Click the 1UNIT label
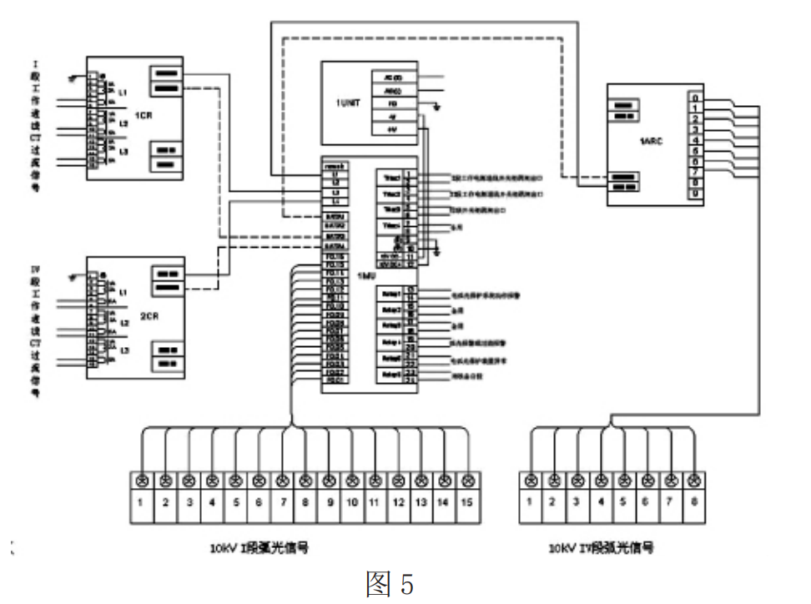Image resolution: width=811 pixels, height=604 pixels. coord(348,104)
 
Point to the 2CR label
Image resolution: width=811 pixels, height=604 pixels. coord(150,316)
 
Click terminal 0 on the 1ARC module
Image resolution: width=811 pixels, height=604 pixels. coord(695,98)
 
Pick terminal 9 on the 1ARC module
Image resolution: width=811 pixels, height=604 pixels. coord(695,194)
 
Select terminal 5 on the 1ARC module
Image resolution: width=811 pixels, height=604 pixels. coord(695,151)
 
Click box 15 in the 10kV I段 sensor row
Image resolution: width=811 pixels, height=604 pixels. coord(470,503)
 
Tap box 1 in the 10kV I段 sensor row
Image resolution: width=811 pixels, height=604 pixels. coord(143,503)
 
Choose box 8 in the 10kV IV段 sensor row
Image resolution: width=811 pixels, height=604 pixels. coord(694,503)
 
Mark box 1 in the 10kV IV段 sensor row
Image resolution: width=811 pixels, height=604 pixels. coord(531,503)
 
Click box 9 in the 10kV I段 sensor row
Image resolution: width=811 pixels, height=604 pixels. coord(330,503)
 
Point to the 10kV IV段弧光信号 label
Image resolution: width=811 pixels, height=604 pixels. coord(602,549)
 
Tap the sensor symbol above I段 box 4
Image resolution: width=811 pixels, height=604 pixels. coord(213,480)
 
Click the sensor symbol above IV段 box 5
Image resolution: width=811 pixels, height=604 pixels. coord(624,480)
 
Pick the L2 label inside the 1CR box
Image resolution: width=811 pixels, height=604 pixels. coord(123,123)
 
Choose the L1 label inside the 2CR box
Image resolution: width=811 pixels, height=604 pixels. coord(123,294)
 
